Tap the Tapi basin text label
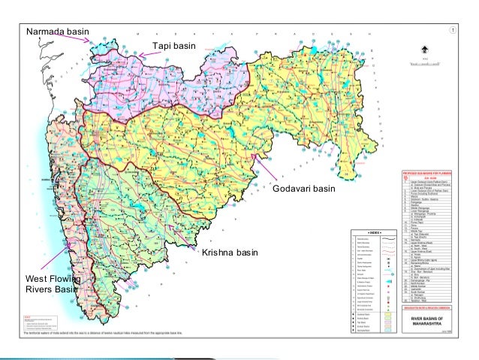[174, 47]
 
